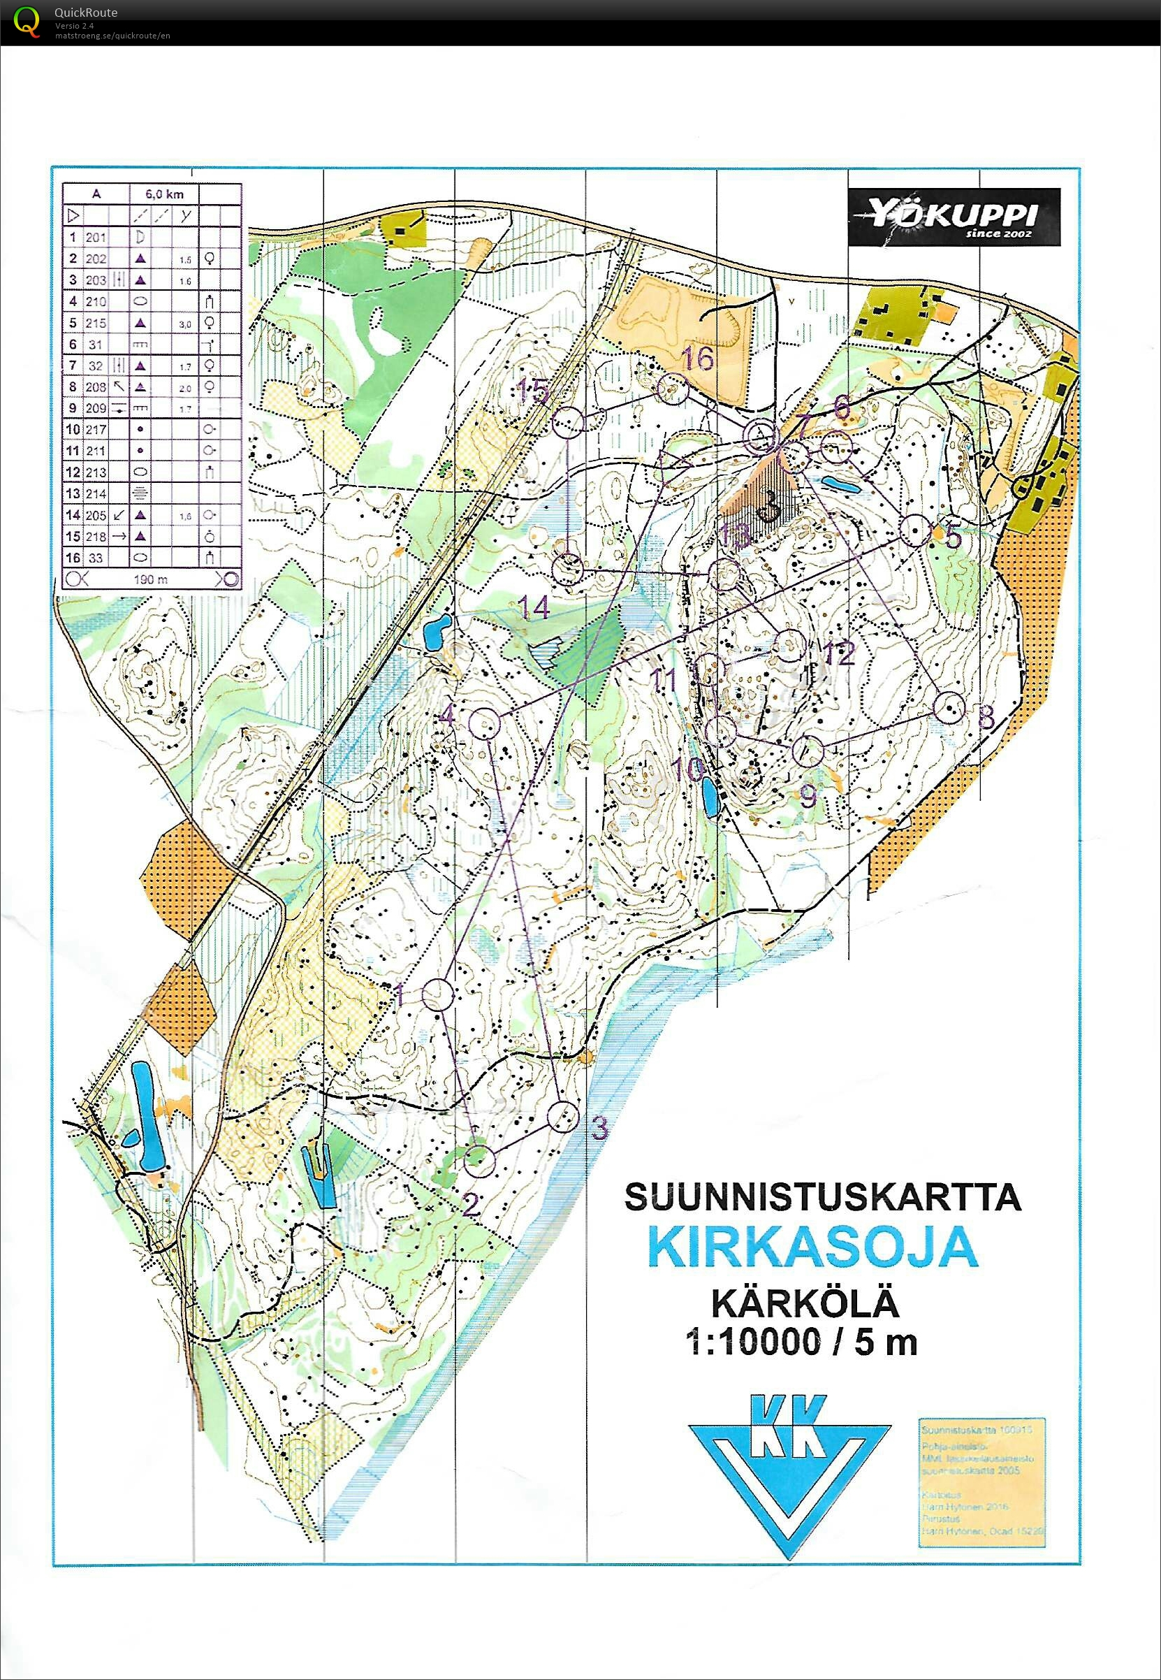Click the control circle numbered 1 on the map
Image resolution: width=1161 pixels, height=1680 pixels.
point(438,994)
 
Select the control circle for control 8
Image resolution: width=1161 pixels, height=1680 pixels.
point(949,708)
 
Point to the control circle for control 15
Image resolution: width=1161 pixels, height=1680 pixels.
point(569,422)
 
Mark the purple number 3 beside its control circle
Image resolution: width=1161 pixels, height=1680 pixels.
point(599,1127)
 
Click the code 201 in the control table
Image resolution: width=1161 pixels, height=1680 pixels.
point(96,237)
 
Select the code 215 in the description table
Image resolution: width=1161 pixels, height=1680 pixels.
point(96,322)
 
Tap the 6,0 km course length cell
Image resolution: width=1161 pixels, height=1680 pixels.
point(164,194)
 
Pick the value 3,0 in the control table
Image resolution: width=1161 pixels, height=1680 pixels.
point(186,324)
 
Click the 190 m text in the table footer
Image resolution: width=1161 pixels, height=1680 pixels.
point(151,579)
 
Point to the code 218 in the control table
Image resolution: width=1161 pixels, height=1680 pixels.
point(96,536)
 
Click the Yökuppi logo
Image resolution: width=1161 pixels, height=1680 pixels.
point(953,217)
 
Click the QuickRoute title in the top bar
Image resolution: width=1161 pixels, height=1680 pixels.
point(85,13)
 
